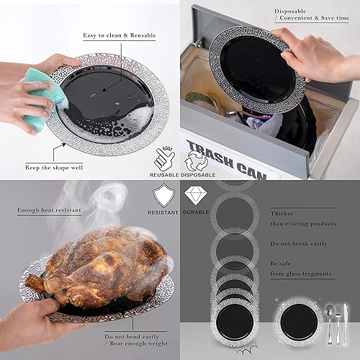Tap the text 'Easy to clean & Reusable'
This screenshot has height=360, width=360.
point(119,35)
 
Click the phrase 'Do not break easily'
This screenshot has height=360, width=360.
point(299,244)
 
